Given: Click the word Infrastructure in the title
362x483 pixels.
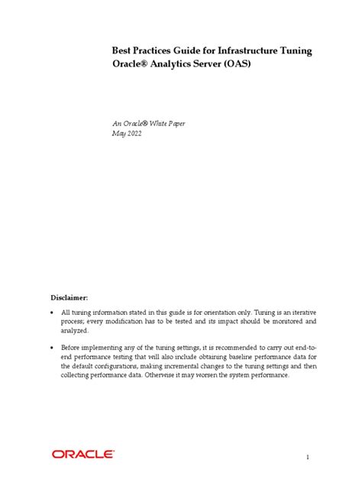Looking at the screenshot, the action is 235,51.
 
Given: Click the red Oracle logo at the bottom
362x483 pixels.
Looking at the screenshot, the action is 83,433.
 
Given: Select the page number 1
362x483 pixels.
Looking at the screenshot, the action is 307,457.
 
